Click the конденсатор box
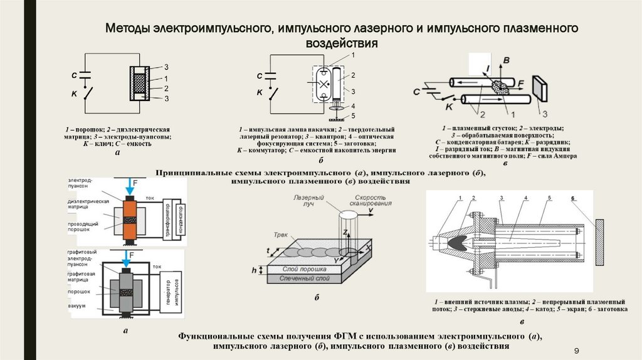point(181,218)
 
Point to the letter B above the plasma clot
point(507,60)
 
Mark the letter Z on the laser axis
point(344,232)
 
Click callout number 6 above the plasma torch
point(572,199)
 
